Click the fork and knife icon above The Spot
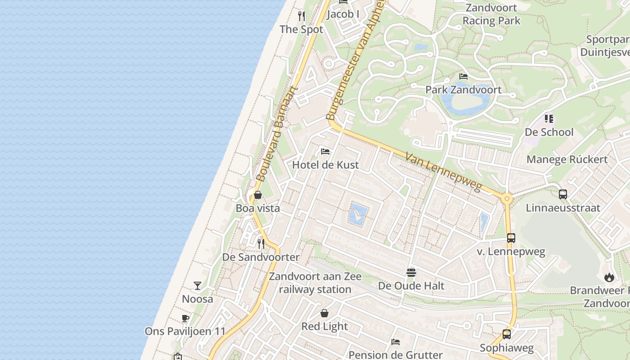click(301, 16)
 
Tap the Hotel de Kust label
click(325, 165)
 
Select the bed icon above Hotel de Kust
click(325, 151)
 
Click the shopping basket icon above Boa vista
click(258, 195)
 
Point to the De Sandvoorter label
click(261, 257)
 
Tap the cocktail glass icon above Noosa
click(198, 286)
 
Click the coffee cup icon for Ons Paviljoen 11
click(185, 319)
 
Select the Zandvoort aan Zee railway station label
click(315, 283)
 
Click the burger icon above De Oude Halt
click(411, 272)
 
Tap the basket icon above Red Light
click(324, 313)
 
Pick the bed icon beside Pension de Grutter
click(396, 342)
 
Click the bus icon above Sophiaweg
click(507, 334)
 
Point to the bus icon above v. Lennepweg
click(511, 238)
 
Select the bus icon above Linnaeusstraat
click(563, 194)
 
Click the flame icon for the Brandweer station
click(609, 277)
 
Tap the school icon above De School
click(549, 119)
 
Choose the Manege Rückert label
click(567, 159)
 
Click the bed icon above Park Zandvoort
click(463, 76)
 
